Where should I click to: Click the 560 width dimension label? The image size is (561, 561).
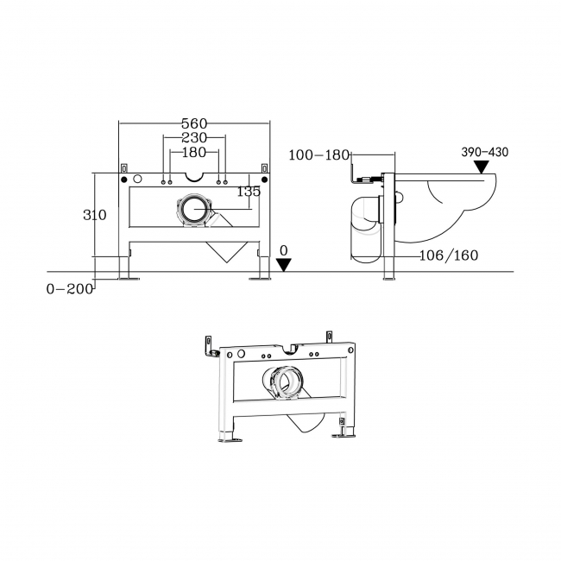tap(195, 123)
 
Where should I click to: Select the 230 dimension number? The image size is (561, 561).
tap(195, 138)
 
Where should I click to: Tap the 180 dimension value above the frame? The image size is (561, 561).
tap(195, 153)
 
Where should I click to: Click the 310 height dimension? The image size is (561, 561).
tap(95, 215)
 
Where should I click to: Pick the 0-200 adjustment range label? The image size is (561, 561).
tap(69, 289)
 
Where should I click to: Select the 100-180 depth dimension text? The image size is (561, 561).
tap(318, 155)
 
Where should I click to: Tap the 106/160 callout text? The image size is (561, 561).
tap(450, 255)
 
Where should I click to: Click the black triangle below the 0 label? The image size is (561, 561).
tap(284, 265)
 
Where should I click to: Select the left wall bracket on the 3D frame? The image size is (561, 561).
tap(206, 349)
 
